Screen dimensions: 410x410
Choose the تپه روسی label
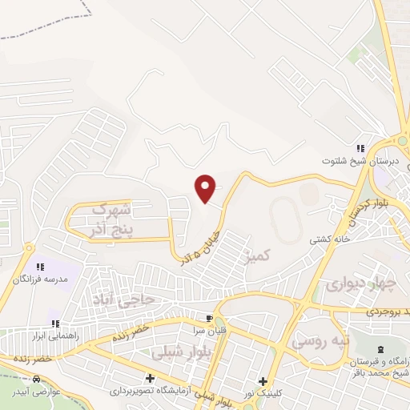320,341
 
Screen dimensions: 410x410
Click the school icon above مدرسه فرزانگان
39,266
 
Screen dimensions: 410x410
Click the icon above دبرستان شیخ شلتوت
361,148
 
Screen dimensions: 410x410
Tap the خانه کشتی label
326,239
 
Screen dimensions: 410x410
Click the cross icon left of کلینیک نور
261,381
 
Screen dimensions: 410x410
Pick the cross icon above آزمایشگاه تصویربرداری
150,378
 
